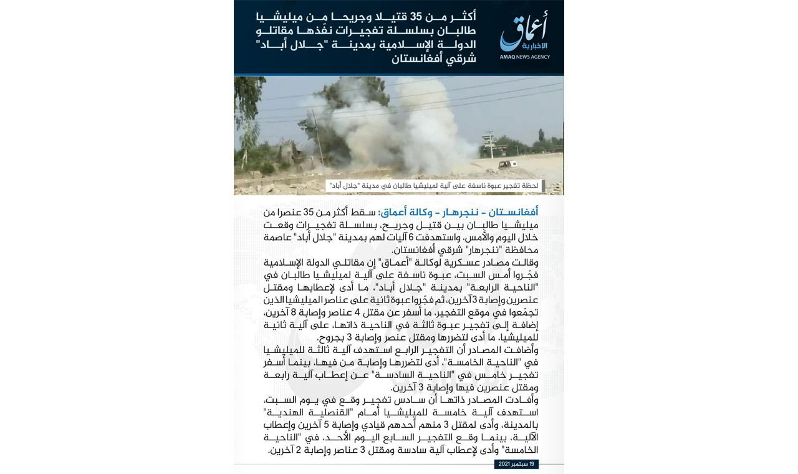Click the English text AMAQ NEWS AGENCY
pyautogui.click(x=524, y=57)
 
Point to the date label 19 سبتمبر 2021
pyautogui.click(x=516, y=464)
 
